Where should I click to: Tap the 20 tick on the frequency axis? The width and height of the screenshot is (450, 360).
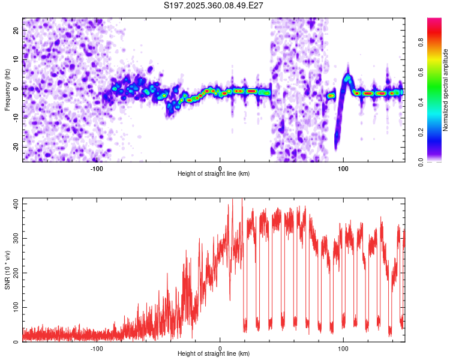[x=16, y=29]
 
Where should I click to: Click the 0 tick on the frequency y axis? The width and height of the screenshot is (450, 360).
[x=18, y=88]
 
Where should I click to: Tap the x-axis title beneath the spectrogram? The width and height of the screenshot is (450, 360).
[x=214, y=174]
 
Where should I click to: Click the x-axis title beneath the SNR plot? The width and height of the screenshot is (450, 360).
[x=214, y=354]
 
